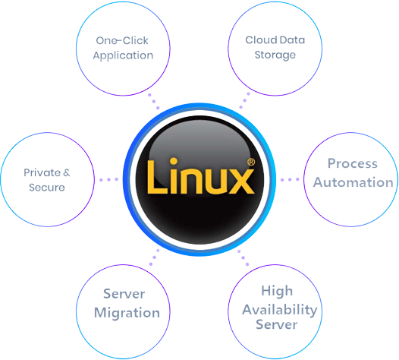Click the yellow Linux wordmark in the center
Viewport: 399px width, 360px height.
coord(201,176)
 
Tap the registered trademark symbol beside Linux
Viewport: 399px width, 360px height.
coord(251,162)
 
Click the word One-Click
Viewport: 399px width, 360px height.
coord(122,40)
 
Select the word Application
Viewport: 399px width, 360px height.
coord(123,55)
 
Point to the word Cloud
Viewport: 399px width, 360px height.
coord(261,40)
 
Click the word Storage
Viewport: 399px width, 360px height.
coord(275,55)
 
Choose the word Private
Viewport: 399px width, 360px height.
coord(42,172)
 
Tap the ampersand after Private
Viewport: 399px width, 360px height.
coord(67,172)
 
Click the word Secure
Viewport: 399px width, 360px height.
coord(47,188)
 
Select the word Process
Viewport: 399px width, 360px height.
coord(353,163)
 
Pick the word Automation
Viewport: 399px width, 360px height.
coord(353,182)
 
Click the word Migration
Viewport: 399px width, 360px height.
coord(127,314)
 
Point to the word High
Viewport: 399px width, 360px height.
coord(277,291)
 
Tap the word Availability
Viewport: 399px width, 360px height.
coord(280,311)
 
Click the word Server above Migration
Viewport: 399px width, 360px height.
coord(124,294)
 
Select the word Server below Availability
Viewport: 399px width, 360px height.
coord(277,324)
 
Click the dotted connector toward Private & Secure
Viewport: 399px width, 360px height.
coord(108,179)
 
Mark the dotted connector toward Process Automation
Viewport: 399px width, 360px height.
coord(290,179)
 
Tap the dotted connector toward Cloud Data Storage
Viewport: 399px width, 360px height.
coord(244,101)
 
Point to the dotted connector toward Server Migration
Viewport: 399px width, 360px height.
coord(155,257)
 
